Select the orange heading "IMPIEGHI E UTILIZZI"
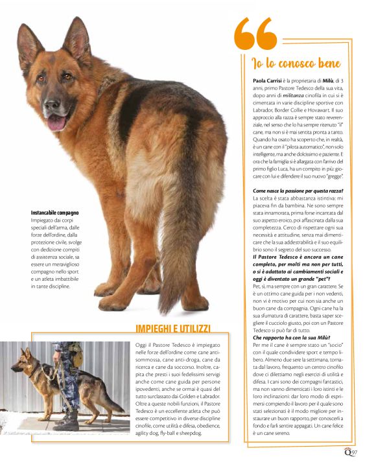pyautogui.click(x=172, y=329)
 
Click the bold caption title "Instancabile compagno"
pyautogui.click(x=55, y=213)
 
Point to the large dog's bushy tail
pyautogui.click(x=174, y=259)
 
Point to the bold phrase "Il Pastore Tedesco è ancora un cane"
pyautogui.click(x=296, y=257)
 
